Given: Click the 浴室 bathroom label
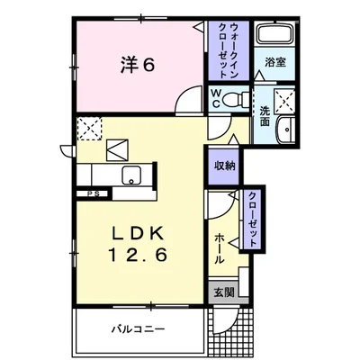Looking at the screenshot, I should click(274, 63).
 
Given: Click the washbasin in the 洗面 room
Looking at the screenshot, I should click(286, 128).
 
